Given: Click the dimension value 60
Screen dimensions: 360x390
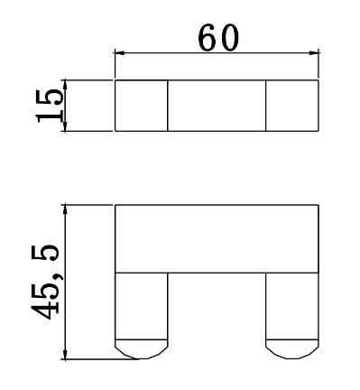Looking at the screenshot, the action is click(218, 37).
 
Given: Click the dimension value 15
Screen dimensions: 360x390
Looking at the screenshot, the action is click(50, 106).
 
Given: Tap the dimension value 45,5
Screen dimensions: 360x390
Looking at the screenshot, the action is click(45, 283).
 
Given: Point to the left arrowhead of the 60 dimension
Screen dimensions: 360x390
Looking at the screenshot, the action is click(120, 53).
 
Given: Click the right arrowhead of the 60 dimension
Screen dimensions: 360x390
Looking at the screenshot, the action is click(314, 53).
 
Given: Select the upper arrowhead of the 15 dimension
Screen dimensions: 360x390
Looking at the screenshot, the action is click(66, 85).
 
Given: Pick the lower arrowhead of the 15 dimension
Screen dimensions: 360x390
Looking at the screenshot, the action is click(66, 126).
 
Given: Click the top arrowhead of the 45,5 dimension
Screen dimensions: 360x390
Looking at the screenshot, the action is click(66, 209).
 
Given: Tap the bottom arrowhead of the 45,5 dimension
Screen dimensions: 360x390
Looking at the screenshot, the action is click(66, 354).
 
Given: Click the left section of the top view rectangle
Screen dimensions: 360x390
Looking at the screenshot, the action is click(142, 106).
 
